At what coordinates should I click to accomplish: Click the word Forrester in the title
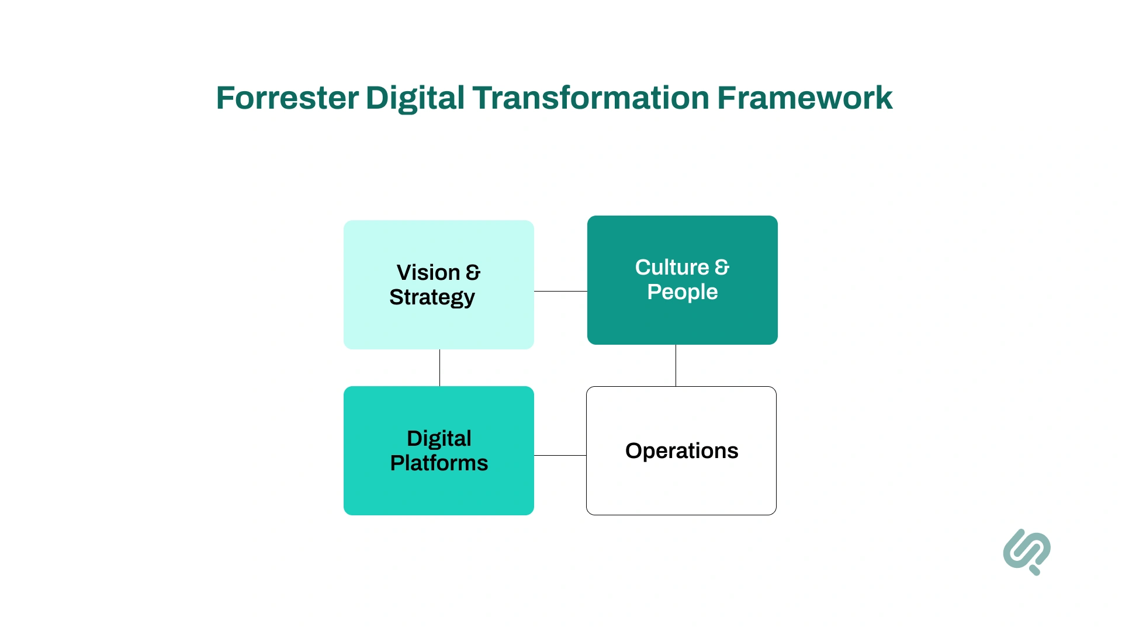point(287,98)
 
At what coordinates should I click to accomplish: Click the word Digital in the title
point(415,98)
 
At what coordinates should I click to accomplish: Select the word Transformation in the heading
point(591,98)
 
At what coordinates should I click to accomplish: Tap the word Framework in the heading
point(805,98)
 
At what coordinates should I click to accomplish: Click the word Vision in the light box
point(428,273)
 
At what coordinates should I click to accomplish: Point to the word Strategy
point(432,298)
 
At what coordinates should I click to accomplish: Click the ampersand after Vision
point(473,273)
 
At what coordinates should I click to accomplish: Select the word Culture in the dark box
point(672,268)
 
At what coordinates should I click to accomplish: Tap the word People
point(682,292)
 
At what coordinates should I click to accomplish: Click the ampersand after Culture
point(722,268)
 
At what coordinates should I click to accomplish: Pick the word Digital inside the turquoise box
point(439,439)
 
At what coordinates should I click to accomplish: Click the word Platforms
point(439,463)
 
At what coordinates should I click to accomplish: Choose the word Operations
point(681,451)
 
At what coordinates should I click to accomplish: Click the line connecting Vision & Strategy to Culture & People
point(560,291)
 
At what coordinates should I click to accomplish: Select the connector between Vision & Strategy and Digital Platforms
point(439,367)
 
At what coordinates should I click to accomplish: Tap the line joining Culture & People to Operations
point(676,365)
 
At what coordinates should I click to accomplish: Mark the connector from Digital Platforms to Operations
point(560,455)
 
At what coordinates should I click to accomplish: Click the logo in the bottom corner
point(1027,552)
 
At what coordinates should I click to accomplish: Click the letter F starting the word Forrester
point(225,98)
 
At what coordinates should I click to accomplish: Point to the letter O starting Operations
point(633,451)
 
